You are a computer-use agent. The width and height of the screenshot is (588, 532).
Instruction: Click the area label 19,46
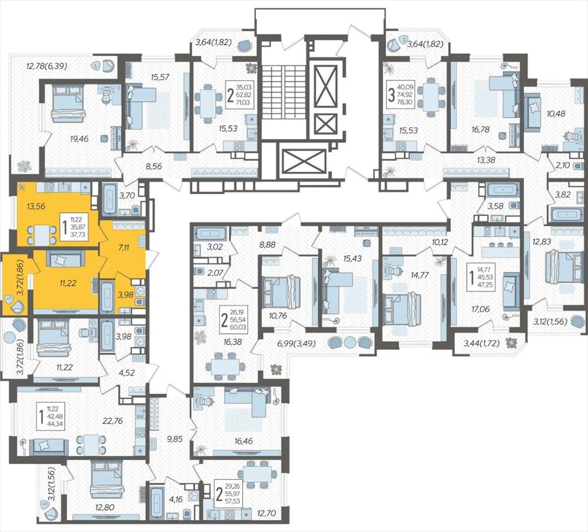point(79,139)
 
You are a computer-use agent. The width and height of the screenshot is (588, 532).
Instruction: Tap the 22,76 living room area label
point(113,421)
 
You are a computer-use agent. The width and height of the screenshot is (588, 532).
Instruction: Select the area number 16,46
point(243,441)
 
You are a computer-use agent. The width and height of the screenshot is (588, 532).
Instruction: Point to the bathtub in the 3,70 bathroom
point(110,199)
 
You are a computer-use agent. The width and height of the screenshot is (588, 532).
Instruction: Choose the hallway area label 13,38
point(486,160)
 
